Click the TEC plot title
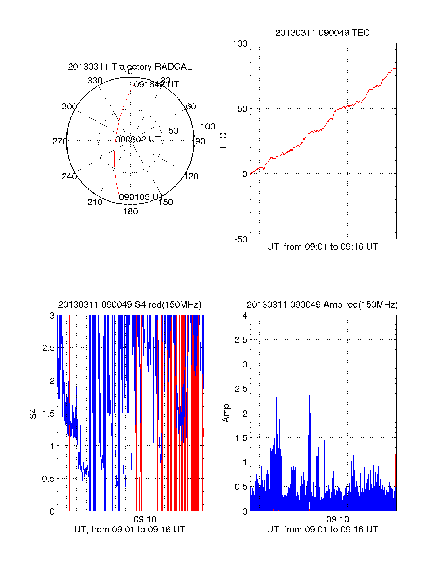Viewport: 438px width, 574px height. pyautogui.click(x=322, y=33)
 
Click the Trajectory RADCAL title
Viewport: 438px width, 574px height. pyautogui.click(x=130, y=67)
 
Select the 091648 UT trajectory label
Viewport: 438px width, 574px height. pyautogui.click(x=156, y=85)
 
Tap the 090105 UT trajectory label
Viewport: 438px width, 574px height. pyautogui.click(x=142, y=197)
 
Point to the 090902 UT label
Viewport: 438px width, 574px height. pyautogui.click(x=138, y=140)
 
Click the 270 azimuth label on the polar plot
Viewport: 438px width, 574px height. pyautogui.click(x=59, y=141)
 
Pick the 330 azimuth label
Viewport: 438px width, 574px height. pyautogui.click(x=95, y=81)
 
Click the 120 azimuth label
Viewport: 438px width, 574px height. pyautogui.click(x=191, y=176)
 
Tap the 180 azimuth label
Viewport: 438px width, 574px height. pyautogui.click(x=130, y=211)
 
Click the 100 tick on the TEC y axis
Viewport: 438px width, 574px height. pyautogui.click(x=240, y=44)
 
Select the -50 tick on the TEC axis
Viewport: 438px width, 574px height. pyautogui.click(x=241, y=239)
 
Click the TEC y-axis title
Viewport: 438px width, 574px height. pyautogui.click(x=223, y=141)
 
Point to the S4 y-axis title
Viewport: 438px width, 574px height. pyautogui.click(x=33, y=414)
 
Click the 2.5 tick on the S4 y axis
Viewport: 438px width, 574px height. pyautogui.click(x=49, y=348)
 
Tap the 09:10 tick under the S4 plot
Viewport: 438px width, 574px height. pyautogui.click(x=145, y=519)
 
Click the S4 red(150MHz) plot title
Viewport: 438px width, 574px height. pyautogui.click(x=130, y=305)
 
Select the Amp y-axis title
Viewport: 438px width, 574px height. pyautogui.click(x=226, y=413)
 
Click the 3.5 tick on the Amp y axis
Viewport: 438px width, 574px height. pyautogui.click(x=241, y=340)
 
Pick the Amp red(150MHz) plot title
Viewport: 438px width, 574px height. pyautogui.click(x=322, y=305)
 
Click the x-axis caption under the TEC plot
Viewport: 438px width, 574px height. pyautogui.click(x=322, y=247)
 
